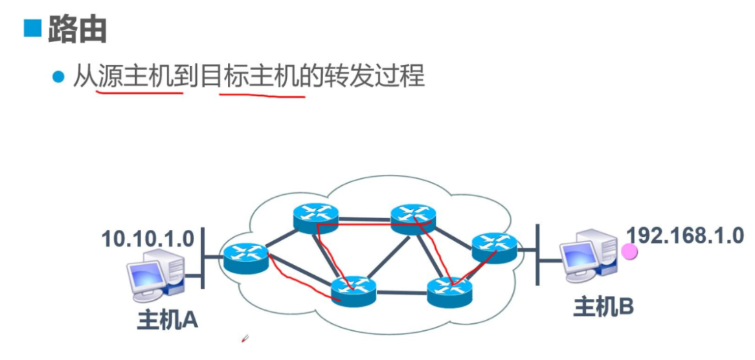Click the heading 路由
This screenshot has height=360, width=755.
point(77,29)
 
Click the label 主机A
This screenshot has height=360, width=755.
point(167,321)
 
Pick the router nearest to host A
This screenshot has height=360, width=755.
point(245,257)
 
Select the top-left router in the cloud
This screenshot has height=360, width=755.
point(315,218)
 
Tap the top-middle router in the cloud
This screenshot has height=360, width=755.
point(413,219)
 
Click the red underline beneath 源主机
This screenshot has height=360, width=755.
point(139,92)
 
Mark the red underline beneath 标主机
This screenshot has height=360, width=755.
point(262,95)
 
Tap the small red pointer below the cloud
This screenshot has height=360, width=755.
point(245,339)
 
